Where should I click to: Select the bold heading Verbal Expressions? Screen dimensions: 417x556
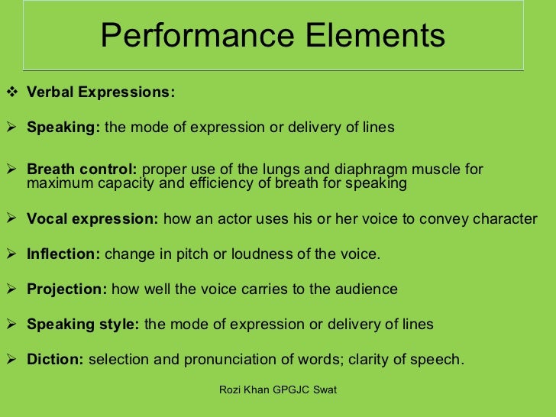click(101, 92)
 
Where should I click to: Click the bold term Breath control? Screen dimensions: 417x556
click(82, 170)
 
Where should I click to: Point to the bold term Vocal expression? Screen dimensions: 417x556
click(92, 219)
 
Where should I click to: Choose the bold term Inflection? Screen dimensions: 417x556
click(63, 254)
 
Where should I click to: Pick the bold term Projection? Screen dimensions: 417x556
click(67, 289)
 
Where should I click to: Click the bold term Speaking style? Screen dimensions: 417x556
click(82, 325)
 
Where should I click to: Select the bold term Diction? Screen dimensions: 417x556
click(55, 359)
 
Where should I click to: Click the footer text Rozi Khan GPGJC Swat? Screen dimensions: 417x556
click(278, 390)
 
